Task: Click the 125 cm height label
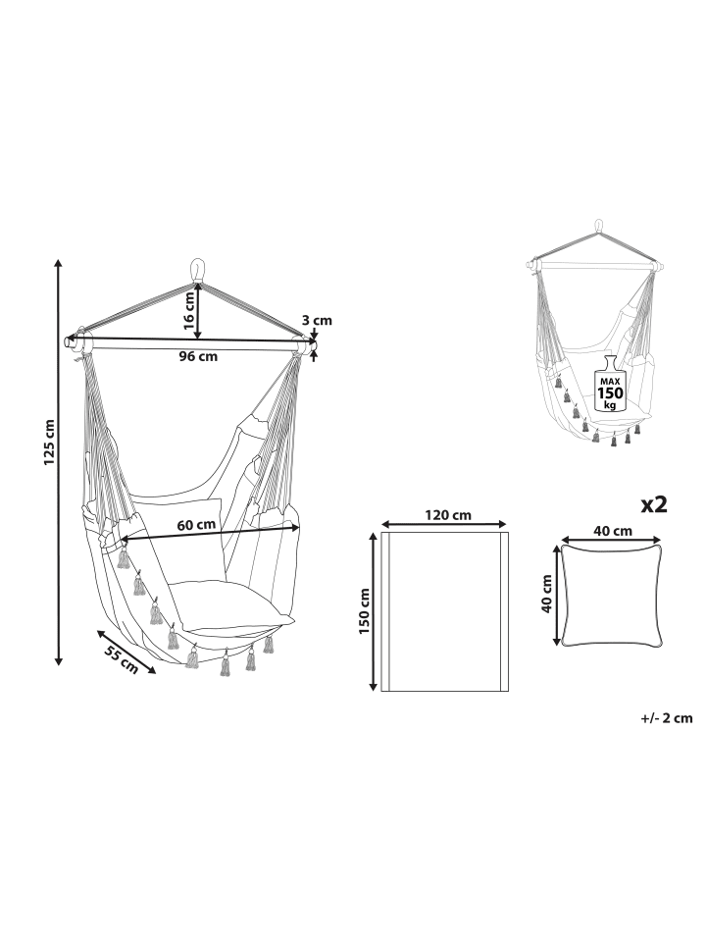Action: (50, 442)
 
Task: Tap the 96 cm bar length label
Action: (198, 356)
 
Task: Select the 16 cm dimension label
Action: (189, 310)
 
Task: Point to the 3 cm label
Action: (317, 320)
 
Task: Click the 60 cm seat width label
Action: (196, 524)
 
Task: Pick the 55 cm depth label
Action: (122, 659)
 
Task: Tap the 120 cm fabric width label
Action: (448, 515)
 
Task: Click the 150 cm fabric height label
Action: (364, 611)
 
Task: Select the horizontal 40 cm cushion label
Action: (612, 531)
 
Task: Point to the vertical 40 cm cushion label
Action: (546, 594)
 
